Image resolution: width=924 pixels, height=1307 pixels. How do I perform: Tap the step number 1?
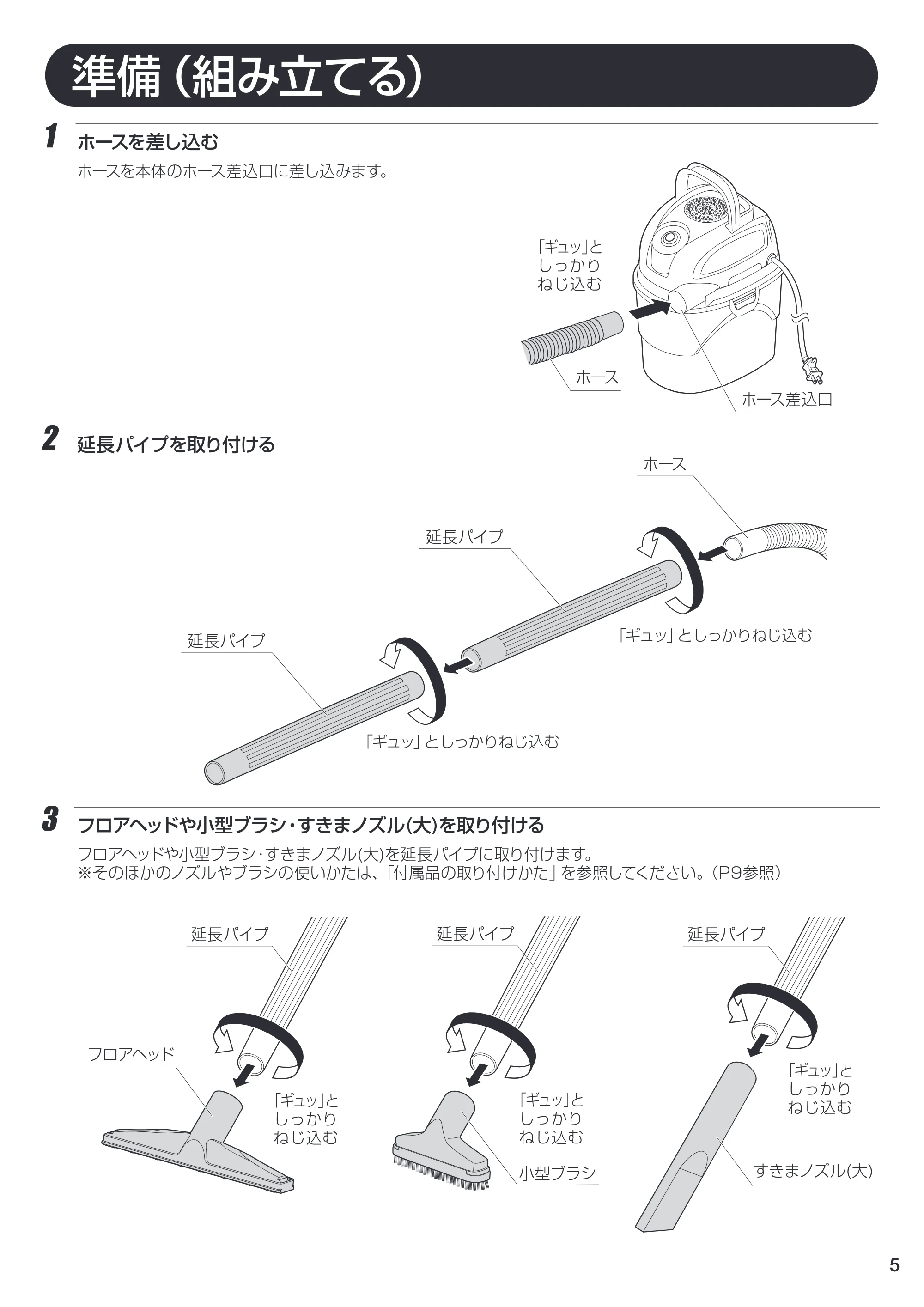tap(51, 137)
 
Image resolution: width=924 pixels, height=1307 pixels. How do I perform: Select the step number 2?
tap(50, 439)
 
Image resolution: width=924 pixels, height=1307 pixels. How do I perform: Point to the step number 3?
tap(50, 821)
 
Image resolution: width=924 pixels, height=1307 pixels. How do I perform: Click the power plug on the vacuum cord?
tap(813, 371)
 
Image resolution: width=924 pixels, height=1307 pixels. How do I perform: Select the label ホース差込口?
tap(786, 399)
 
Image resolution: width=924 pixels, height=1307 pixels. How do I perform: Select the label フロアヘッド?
tap(131, 1054)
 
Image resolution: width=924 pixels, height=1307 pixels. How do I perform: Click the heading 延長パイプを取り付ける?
tap(176, 444)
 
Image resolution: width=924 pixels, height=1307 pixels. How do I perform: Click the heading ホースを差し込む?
tap(148, 142)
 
